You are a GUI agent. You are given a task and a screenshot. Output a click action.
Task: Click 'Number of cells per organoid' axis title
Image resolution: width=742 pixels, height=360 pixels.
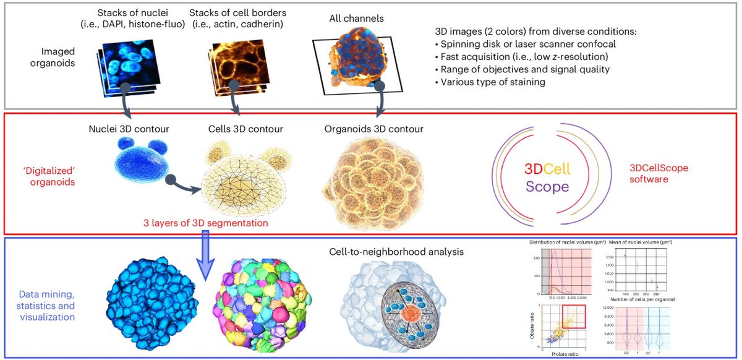coord(640,299)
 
